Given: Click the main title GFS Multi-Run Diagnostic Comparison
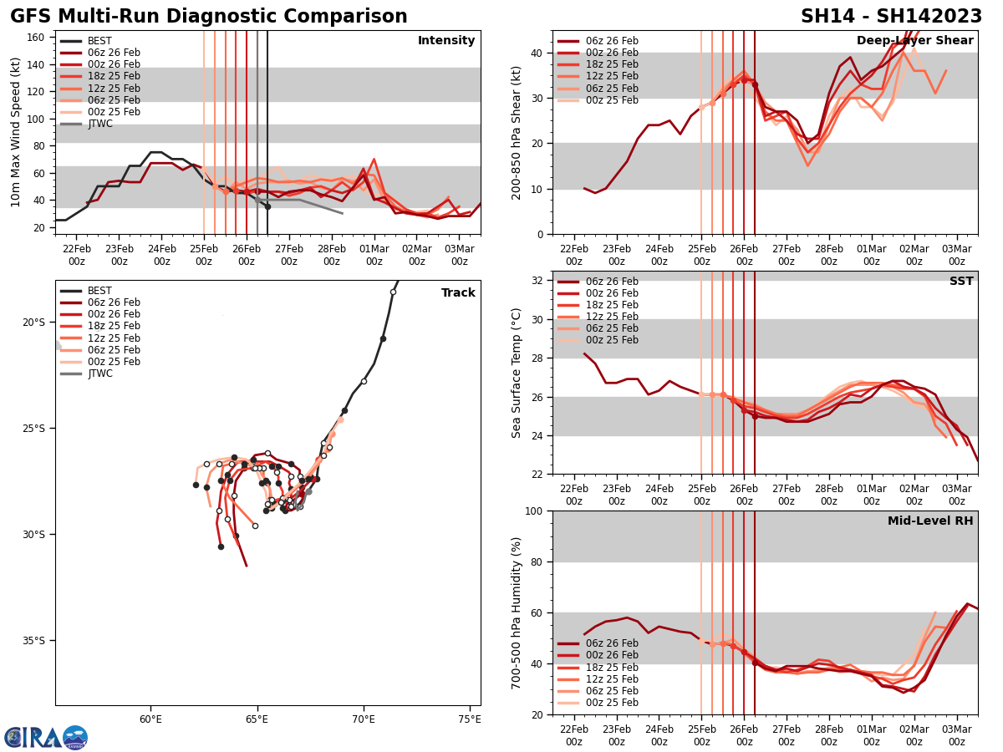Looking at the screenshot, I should click(209, 17).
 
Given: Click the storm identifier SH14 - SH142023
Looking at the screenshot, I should click(891, 17).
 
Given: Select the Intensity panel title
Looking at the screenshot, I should click(446, 41).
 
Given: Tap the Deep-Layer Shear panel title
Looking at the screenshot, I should click(914, 41).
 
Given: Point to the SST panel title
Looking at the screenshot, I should click(961, 282).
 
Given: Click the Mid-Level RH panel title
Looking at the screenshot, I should click(930, 521).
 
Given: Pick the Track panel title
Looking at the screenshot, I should click(458, 293).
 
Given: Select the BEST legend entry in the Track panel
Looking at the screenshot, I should click(99, 291).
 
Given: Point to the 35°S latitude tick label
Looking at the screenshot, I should click(33, 641).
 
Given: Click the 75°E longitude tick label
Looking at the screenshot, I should click(470, 719).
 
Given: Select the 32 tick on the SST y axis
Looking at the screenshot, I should click(538, 280).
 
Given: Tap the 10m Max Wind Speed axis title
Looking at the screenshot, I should click(16, 132).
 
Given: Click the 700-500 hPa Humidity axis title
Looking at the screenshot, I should click(517, 612).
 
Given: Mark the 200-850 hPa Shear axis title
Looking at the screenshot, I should click(517, 132).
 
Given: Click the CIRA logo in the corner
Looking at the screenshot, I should click(45, 737).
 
